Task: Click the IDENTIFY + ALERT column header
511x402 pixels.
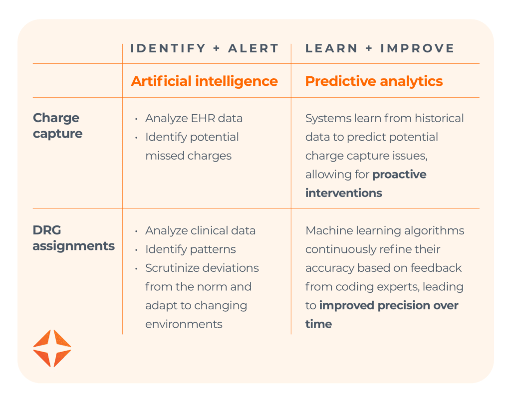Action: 204,48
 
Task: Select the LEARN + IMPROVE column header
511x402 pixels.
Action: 380,48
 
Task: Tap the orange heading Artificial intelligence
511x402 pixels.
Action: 204,81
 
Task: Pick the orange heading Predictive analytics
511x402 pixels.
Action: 374,81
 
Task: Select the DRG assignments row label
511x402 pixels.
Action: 73,238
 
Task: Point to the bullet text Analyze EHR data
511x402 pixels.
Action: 194,118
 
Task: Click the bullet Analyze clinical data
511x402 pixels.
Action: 200,230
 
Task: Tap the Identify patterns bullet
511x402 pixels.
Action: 190,249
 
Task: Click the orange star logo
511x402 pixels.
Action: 52,348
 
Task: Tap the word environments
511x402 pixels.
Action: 184,324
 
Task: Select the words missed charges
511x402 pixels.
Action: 188,156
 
